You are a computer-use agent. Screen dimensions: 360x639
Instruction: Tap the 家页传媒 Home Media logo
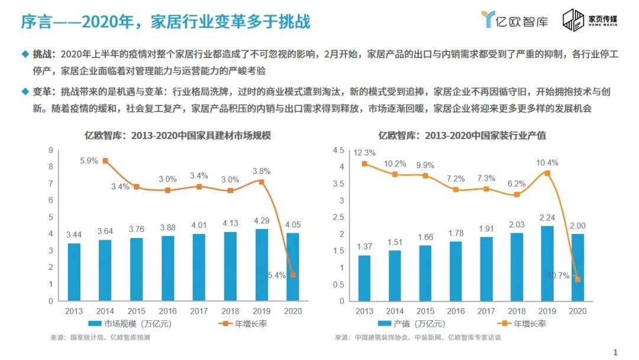(x=589, y=20)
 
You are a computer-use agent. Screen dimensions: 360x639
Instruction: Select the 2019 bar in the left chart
(x=260, y=264)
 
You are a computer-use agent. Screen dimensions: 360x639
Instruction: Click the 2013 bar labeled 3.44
(x=74, y=271)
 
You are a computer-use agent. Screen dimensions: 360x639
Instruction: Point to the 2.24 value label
(x=548, y=216)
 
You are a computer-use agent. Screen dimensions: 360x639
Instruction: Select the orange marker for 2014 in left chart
(x=105, y=160)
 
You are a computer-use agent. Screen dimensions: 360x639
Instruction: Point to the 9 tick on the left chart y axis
(x=51, y=150)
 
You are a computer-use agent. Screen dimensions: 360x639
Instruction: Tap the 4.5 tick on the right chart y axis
(x=338, y=150)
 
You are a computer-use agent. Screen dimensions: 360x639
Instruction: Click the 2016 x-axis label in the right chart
(x=456, y=310)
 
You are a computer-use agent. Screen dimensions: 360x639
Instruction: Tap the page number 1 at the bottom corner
(x=615, y=352)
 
